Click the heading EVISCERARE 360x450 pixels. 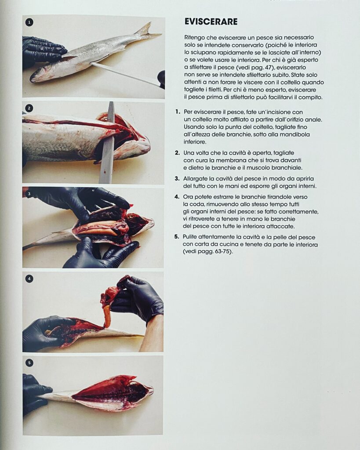[x=211, y=22]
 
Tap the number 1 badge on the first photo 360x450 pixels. [x=29, y=22]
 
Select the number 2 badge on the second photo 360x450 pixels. [x=29, y=108]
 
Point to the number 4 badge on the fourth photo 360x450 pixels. [x=29, y=278]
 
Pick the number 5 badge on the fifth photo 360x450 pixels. [x=29, y=363]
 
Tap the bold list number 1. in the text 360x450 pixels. [x=177, y=112]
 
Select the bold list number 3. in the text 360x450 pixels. [x=177, y=178]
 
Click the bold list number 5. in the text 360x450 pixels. [x=177, y=236]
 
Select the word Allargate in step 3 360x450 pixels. [x=197, y=178]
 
